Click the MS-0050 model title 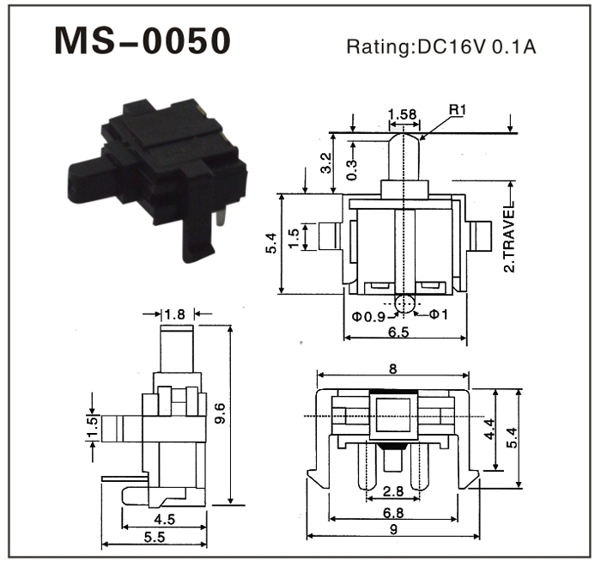click(x=143, y=41)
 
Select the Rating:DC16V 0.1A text click(x=440, y=46)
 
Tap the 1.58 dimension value click(x=402, y=113)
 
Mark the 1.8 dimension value click(x=175, y=314)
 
